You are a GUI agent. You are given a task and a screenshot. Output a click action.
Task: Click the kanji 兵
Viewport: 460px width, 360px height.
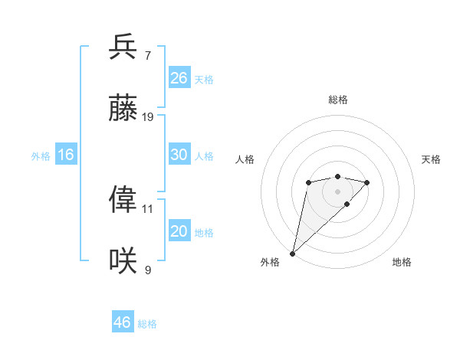[x=123, y=47]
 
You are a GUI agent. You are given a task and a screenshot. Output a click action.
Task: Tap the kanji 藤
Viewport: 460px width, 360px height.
[x=123, y=108]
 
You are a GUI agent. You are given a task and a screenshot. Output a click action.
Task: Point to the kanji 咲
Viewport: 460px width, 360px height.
[x=123, y=260]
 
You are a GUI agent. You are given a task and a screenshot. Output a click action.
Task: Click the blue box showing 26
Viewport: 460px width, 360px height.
[x=179, y=78]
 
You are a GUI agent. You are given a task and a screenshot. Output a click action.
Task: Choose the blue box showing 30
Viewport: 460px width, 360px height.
[x=179, y=155]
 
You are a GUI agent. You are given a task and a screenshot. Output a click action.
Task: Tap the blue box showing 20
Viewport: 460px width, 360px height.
[x=179, y=231]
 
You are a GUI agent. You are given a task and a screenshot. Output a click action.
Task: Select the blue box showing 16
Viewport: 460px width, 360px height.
[x=66, y=155]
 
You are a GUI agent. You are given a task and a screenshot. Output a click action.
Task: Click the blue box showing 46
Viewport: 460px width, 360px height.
[x=123, y=322]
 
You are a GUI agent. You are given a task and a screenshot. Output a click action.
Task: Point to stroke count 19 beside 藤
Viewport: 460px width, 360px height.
[x=148, y=117]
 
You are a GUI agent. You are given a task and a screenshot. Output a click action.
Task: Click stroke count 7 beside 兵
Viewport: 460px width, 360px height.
[x=148, y=56]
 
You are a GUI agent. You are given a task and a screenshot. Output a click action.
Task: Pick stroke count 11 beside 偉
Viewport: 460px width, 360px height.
[x=148, y=208]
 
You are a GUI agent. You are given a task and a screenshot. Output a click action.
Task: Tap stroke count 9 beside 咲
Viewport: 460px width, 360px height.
[x=148, y=270]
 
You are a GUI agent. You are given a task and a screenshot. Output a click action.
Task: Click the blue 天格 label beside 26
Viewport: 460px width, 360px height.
[x=204, y=80]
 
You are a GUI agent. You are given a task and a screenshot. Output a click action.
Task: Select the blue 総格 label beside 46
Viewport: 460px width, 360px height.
[x=147, y=324]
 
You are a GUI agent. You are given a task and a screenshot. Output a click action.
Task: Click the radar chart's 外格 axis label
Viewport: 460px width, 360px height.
[x=270, y=262]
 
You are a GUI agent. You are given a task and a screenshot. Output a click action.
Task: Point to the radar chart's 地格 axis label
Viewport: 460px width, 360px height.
[x=402, y=262]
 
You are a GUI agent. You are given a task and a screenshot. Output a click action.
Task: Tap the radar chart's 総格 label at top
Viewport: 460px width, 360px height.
[x=337, y=100]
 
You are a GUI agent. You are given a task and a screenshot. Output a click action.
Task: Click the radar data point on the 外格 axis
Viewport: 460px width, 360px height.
[x=293, y=253]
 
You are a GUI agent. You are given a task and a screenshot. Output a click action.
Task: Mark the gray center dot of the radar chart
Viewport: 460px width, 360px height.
[x=337, y=191]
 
